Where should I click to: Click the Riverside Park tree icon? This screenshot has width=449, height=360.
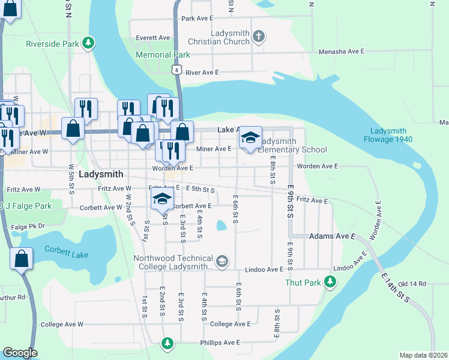[x=88, y=43]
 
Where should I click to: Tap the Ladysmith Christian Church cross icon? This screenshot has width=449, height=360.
[x=259, y=37]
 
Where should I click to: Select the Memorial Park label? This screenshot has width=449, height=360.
[x=163, y=55]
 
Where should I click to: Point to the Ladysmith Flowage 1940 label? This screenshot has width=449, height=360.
[x=388, y=136]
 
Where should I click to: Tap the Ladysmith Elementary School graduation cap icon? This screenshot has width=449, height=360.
[x=251, y=138]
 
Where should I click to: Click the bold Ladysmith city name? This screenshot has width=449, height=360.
[x=101, y=174]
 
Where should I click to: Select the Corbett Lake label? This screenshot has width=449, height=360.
[x=66, y=254]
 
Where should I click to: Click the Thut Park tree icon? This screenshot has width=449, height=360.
[x=329, y=281]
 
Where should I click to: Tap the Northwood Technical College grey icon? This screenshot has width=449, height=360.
[x=222, y=260]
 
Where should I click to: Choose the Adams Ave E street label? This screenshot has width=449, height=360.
[x=332, y=237]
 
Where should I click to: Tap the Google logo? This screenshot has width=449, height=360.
[x=20, y=353]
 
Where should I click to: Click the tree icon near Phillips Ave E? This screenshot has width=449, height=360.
[x=167, y=343]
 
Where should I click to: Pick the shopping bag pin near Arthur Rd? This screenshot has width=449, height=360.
[x=21, y=259]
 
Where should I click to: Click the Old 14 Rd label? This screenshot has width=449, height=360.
[x=411, y=283]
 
